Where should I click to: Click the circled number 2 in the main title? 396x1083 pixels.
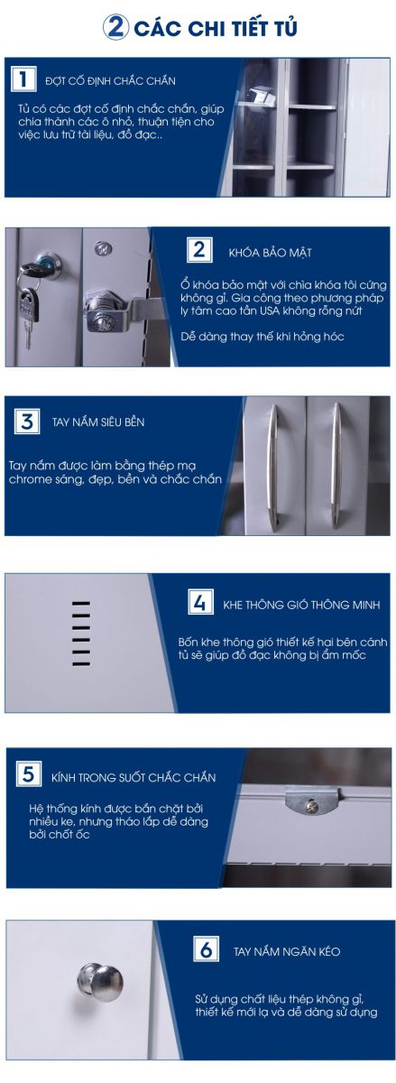(115, 28)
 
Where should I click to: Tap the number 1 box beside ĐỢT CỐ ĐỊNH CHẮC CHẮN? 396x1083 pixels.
(23, 79)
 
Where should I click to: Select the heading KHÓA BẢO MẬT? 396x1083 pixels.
(271, 253)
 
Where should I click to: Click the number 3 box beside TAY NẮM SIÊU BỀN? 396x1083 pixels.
(26, 421)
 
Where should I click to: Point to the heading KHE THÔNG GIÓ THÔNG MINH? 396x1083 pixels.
(301, 605)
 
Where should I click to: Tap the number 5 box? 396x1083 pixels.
(29, 773)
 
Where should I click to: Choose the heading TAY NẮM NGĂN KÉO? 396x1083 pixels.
(287, 951)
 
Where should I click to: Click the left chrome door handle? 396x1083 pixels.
(273, 467)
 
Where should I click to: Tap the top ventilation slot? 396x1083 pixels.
(81, 604)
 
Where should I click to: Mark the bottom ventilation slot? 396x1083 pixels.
(81, 663)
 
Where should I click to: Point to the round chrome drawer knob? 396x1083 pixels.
(100, 982)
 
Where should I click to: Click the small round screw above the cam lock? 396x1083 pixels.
(103, 248)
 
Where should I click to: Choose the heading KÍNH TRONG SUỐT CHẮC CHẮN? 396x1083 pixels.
(134, 777)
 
